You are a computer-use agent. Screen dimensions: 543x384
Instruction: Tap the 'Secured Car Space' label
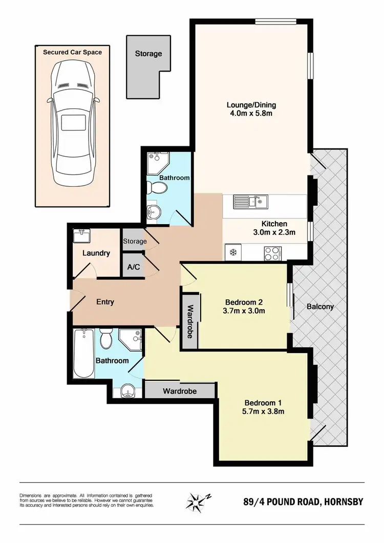[72, 52]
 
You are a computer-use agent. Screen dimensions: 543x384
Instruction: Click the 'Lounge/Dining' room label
[249, 105]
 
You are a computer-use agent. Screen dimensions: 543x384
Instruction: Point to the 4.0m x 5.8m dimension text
[249, 114]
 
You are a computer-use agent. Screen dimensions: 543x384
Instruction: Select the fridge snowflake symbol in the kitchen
[231, 252]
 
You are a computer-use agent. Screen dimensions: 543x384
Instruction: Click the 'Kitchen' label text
[274, 224]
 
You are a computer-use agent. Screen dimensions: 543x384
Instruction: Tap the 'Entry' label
[105, 302]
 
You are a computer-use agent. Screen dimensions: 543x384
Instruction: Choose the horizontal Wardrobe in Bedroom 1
[179, 391]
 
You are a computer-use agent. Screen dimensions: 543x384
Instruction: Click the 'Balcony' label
[320, 307]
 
